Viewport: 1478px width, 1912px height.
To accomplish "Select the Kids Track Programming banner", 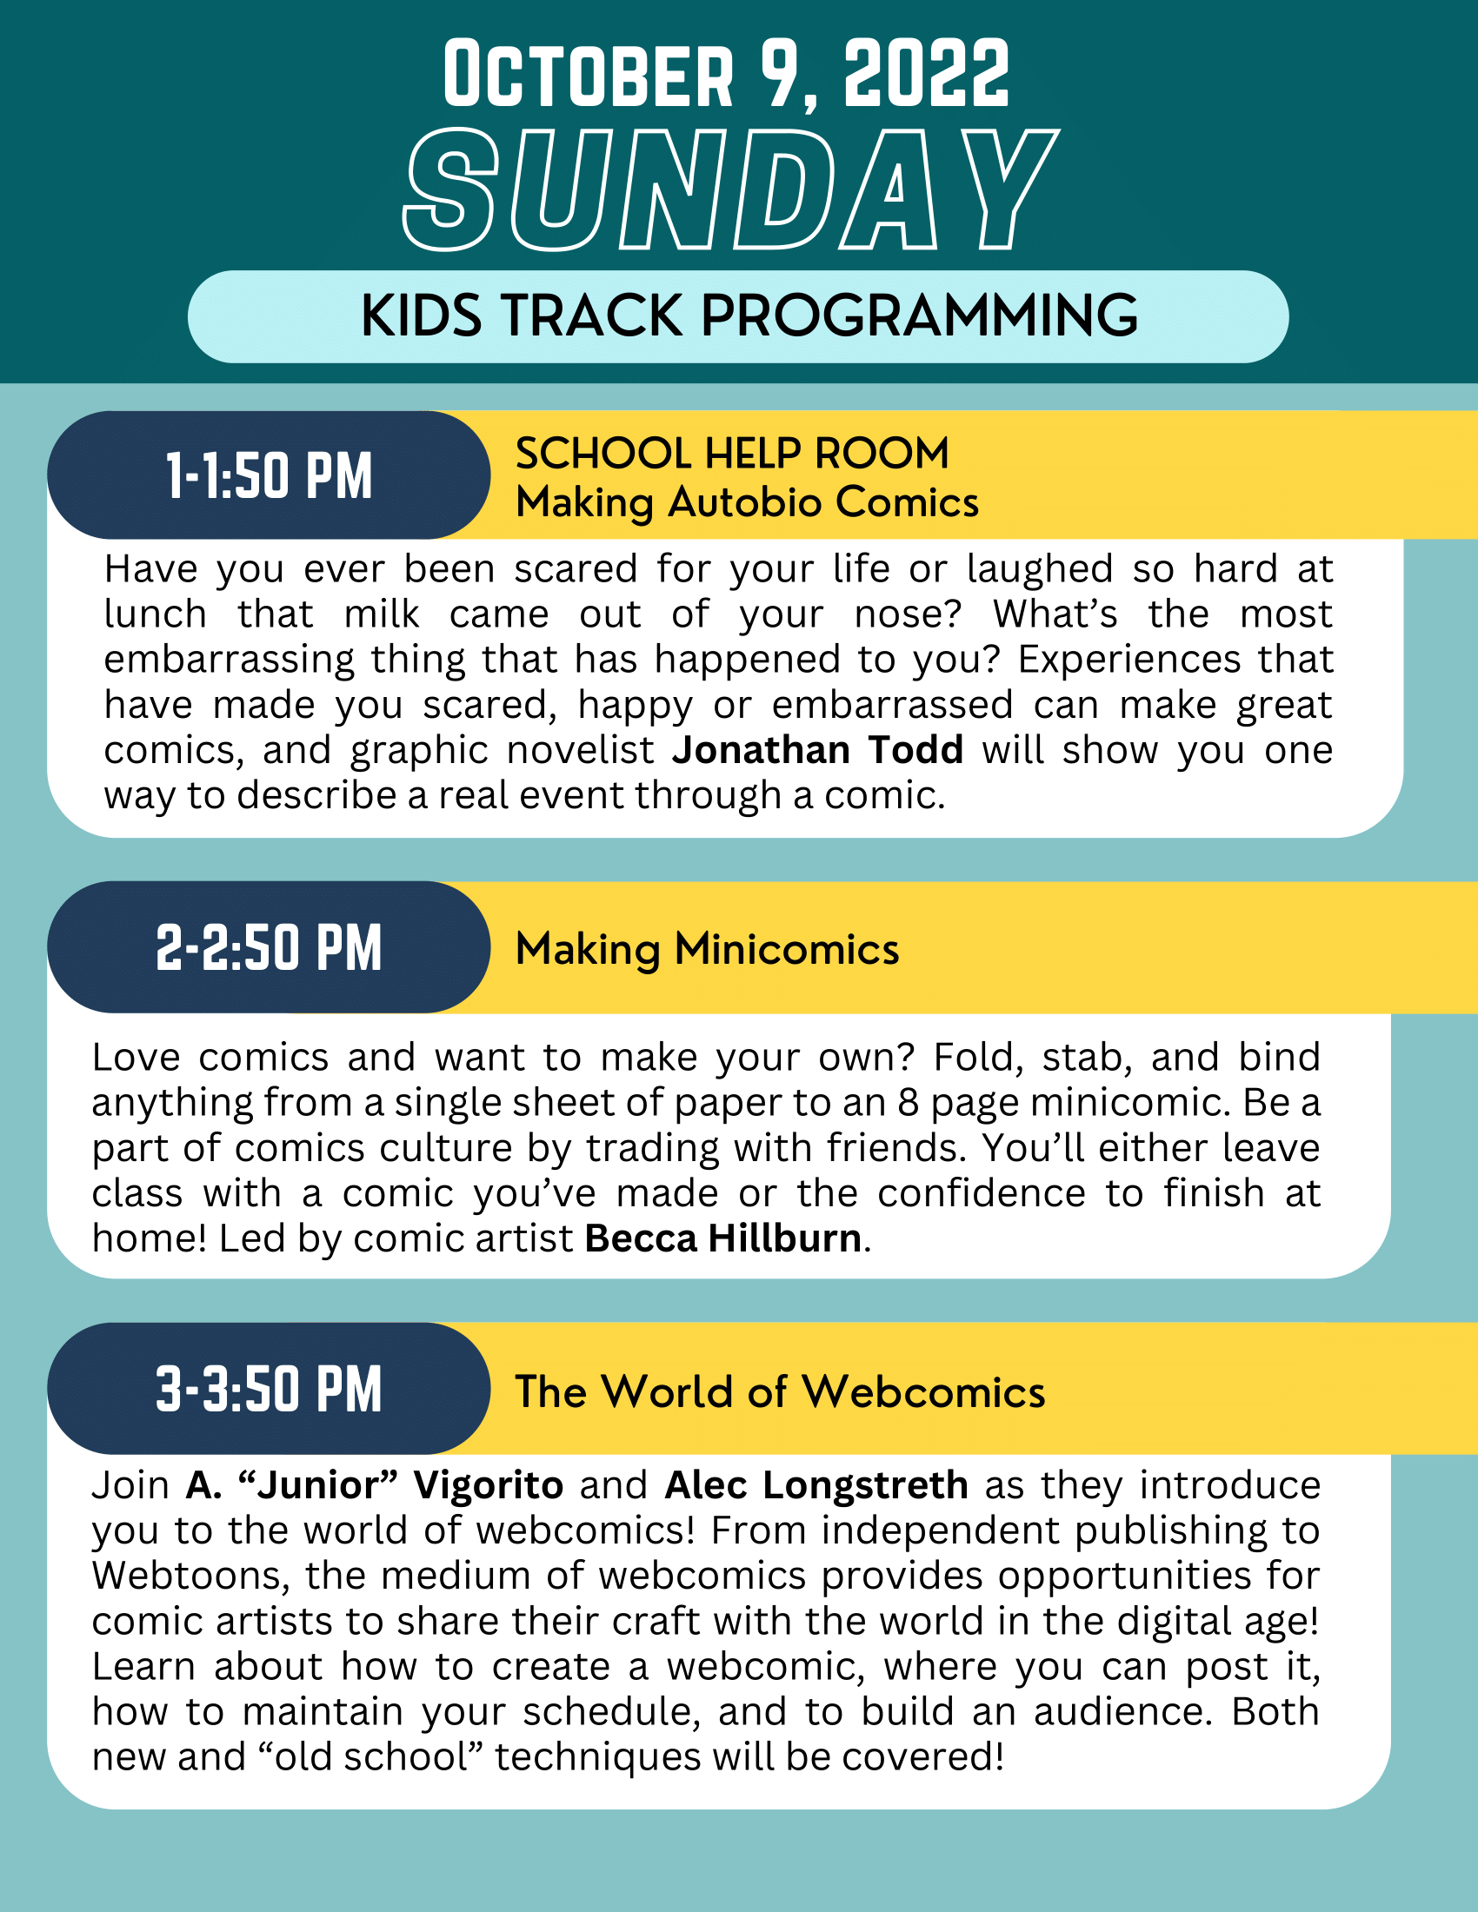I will tap(738, 316).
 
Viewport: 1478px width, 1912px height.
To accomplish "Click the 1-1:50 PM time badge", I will tap(269, 475).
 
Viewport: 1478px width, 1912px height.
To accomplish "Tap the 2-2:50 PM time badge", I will tap(269, 947).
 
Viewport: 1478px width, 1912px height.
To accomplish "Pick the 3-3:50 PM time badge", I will tap(269, 1389).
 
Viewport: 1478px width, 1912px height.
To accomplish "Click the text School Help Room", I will tap(732, 454).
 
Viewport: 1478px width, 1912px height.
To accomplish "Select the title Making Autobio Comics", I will tap(747, 502).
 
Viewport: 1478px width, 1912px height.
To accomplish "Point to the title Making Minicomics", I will tap(708, 949).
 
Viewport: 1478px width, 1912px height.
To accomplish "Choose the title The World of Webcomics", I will tap(780, 1391).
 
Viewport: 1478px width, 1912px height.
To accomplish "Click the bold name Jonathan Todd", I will tap(818, 750).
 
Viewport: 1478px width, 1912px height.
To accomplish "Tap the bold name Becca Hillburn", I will tap(723, 1238).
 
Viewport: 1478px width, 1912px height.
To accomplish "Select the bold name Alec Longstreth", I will tap(816, 1485).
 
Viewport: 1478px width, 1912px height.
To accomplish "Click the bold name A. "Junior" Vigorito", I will tap(375, 1485).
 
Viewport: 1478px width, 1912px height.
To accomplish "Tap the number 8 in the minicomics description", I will tap(908, 1103).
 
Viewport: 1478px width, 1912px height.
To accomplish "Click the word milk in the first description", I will tap(382, 614).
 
